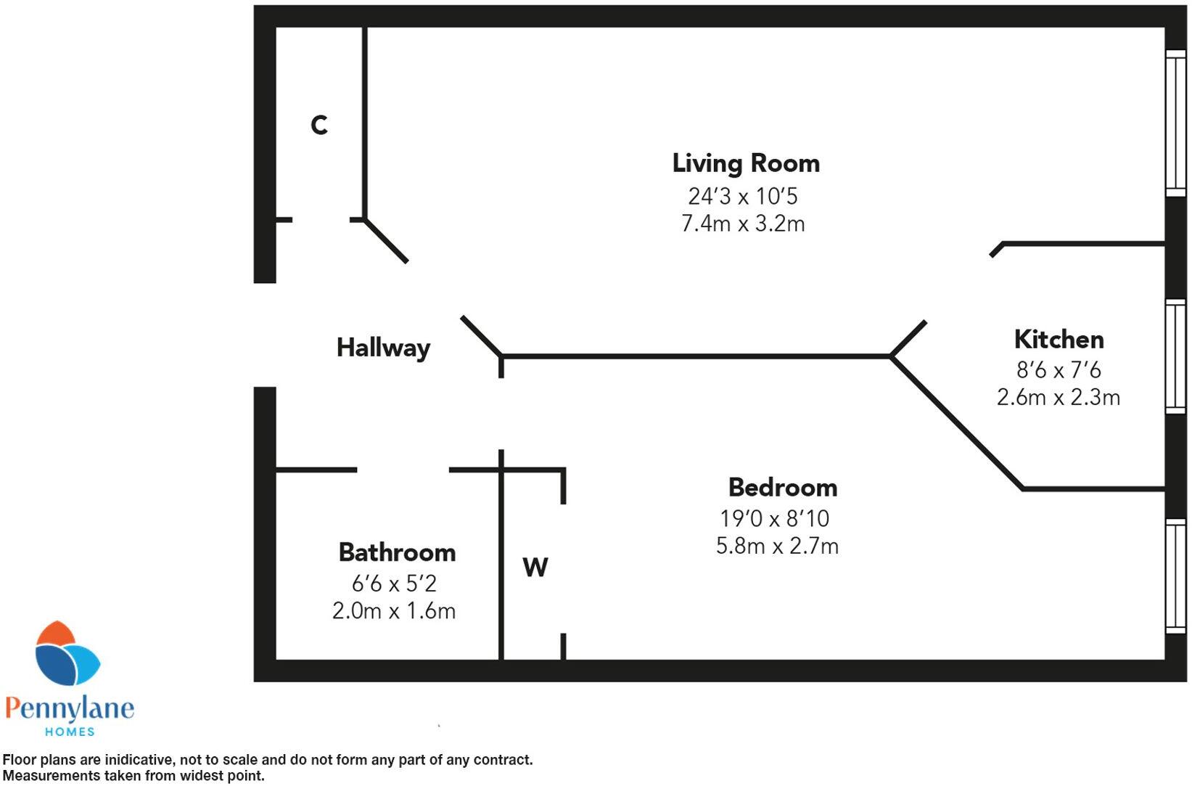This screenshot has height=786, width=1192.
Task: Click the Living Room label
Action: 746,163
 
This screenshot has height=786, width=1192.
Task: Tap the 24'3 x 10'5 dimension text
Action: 743,197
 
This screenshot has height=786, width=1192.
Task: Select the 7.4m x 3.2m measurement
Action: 743,224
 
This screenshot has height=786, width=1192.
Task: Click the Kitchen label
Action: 1059,340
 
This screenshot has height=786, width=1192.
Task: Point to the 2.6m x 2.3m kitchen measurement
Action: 1059,398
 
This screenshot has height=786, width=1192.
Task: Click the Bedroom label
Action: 782,487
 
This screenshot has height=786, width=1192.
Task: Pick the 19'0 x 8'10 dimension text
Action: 774,519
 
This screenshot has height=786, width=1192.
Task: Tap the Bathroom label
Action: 397,552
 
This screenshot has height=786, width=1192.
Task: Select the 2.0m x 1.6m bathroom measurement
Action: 394,611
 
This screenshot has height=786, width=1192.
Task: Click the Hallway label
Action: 383,348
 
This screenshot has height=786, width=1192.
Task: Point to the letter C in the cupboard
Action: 319,125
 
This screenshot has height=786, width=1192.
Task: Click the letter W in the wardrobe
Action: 535,567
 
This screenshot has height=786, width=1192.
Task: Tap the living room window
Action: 1175,123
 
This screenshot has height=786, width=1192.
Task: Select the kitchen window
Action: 1175,356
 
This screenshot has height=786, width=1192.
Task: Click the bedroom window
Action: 1175,576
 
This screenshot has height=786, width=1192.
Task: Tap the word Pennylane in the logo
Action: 70,708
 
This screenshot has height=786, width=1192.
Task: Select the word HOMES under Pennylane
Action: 70,732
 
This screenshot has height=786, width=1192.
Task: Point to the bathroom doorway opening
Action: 403,470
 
